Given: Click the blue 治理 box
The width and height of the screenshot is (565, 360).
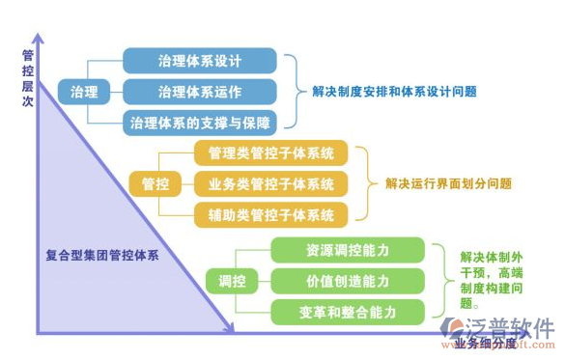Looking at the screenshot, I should [84, 92].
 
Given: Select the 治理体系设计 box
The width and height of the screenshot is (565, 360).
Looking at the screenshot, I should [200, 60].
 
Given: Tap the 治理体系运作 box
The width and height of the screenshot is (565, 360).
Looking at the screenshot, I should [200, 92].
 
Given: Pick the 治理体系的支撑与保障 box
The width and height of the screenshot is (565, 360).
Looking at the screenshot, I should [200, 123].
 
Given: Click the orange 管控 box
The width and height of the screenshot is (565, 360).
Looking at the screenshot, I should [155, 182].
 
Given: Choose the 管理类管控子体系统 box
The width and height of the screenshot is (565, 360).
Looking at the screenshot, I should [265, 152].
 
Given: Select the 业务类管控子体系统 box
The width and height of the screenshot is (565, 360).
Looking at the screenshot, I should [265, 183].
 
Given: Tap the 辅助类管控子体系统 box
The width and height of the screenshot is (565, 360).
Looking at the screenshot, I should [265, 214].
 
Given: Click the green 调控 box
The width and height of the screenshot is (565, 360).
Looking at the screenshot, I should [232, 281].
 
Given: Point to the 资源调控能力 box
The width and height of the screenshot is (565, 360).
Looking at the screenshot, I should [348, 250].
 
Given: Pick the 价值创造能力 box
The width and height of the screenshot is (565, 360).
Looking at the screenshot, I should [348, 281].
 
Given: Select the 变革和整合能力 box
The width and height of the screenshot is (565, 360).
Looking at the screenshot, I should [348, 312].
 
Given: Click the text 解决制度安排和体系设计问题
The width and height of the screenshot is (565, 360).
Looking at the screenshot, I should [395, 92].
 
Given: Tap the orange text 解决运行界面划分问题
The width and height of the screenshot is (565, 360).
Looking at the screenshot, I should [448, 183].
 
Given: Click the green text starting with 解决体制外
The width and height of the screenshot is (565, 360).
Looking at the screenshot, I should [492, 279].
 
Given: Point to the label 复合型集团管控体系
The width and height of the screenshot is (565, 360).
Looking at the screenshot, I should [102, 256].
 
